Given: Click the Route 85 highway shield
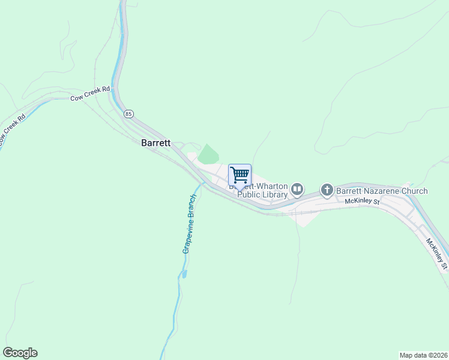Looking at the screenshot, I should [129, 113].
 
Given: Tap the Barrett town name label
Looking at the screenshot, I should [155, 143].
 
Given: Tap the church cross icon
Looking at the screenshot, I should [327, 191].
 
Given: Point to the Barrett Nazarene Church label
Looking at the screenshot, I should [381, 191].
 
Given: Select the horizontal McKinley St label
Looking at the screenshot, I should [363, 202].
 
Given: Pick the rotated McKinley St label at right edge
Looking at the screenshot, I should [436, 253].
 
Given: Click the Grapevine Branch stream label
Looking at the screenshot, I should [190, 223].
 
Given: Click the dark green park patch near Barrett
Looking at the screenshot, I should [208, 155].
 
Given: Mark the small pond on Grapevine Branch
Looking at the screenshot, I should [184, 274].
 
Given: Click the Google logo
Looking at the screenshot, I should [20, 353].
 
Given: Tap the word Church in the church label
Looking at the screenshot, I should [414, 191].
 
